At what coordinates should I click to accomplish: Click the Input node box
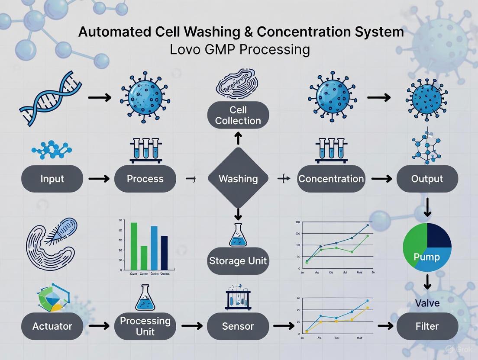coord(52,179)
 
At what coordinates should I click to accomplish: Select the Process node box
coord(145,179)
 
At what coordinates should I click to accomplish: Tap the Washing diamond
coord(238,179)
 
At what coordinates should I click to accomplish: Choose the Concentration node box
coord(331,179)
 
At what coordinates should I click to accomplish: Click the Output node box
coord(427,179)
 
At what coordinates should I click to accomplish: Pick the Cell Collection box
coord(238,115)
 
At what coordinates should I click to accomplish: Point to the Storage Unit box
coord(238,260)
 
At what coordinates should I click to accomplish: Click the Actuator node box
coord(52,326)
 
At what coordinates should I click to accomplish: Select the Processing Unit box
coord(145,326)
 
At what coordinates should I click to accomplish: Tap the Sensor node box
coord(238,326)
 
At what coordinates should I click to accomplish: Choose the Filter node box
coord(427,326)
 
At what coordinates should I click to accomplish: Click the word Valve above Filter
coord(427,303)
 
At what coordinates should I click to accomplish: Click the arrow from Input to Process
coord(99,179)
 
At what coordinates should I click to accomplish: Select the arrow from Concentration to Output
coord(381,179)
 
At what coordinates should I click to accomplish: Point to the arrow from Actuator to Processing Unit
coord(99,326)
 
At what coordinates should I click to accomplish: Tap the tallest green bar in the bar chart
coord(134,246)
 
